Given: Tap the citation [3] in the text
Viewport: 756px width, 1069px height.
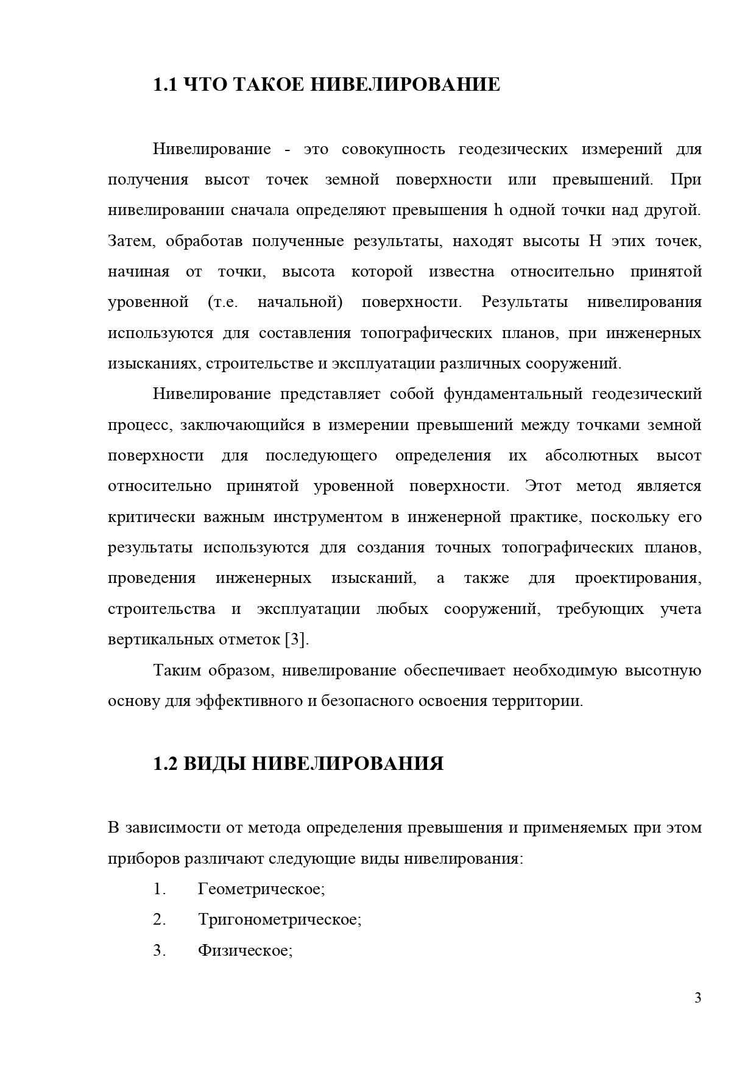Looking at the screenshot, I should (297, 640).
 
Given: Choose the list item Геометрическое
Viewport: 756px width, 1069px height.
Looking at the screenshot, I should (261, 889).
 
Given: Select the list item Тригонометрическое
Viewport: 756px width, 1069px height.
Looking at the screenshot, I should (280, 920).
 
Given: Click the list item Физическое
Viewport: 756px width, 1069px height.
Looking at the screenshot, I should (245, 950).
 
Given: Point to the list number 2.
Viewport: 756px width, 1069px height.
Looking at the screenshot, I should (160, 920).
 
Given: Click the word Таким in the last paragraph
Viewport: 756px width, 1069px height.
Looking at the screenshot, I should (177, 671).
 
